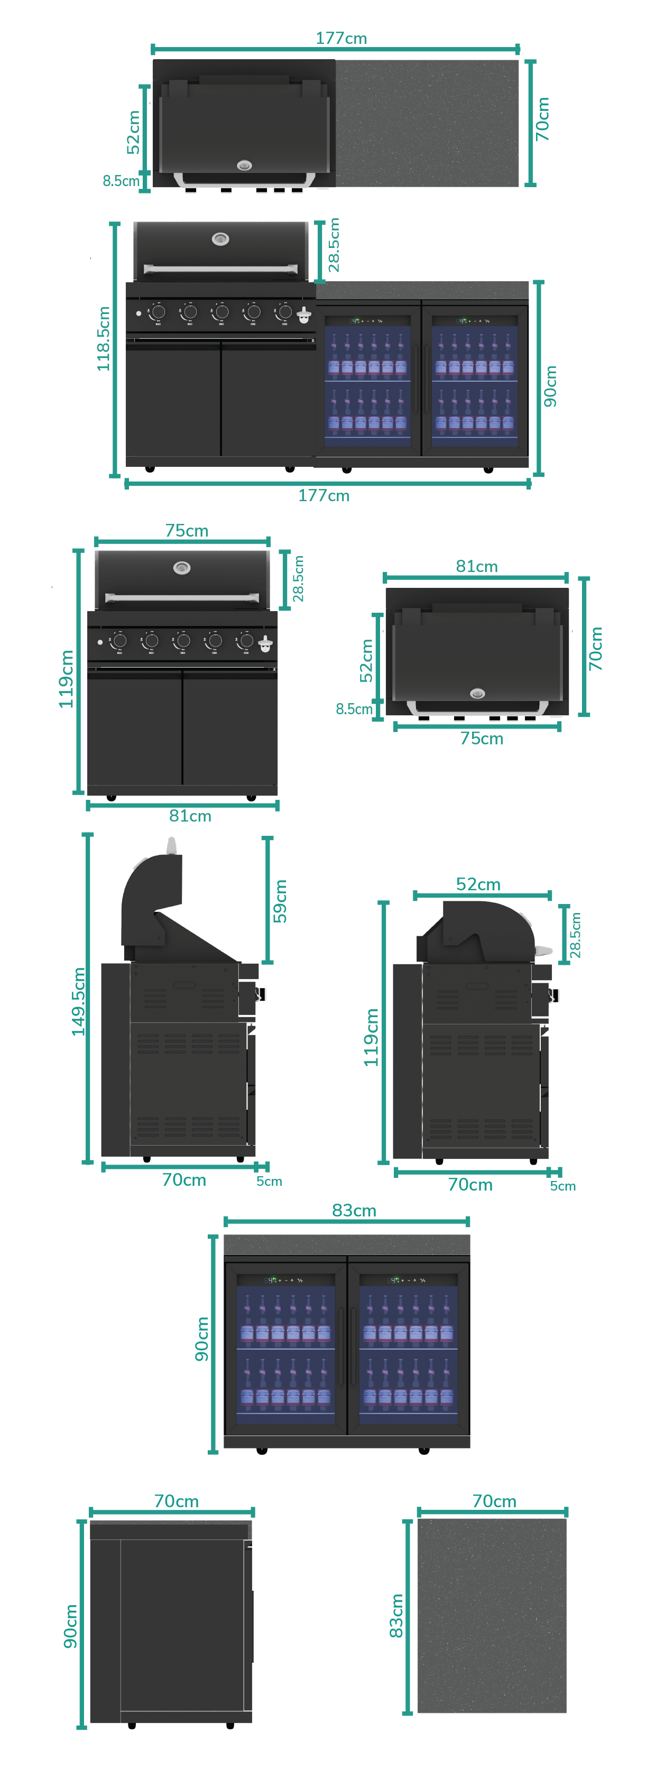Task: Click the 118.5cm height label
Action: pyautogui.click(x=104, y=338)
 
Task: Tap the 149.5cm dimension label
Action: pyautogui.click(x=79, y=1001)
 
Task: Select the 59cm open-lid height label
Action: pyautogui.click(x=280, y=900)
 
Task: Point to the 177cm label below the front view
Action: pyautogui.click(x=324, y=495)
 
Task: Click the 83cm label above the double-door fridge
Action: pyautogui.click(x=354, y=1210)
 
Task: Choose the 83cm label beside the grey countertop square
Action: pyautogui.click(x=396, y=1616)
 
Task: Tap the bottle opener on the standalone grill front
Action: pyautogui.click(x=265, y=644)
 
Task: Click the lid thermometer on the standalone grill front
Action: pyautogui.click(x=182, y=568)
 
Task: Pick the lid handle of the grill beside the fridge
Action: pyautogui.click(x=220, y=268)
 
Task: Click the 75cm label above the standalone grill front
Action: pyautogui.click(x=187, y=530)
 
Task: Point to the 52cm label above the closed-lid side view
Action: pyautogui.click(x=478, y=884)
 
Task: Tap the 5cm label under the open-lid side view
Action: pyautogui.click(x=269, y=1181)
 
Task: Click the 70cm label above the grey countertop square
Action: pyautogui.click(x=494, y=1501)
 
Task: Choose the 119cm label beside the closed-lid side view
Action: pyautogui.click(x=372, y=1037)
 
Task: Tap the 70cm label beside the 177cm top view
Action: pyautogui.click(x=543, y=119)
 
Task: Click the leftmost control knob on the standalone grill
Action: pyautogui.click(x=119, y=641)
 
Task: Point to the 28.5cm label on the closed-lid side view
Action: pyautogui.click(x=575, y=935)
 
